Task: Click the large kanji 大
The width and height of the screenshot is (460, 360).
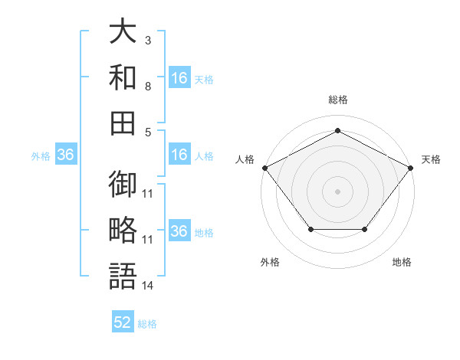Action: [123, 31]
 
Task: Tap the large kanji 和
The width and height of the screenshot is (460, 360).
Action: [123, 77]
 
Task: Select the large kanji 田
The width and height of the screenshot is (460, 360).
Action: [123, 123]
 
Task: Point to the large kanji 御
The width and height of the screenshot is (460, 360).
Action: [123, 184]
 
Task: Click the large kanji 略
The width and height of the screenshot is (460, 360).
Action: [123, 230]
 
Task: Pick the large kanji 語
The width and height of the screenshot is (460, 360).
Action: [123, 276]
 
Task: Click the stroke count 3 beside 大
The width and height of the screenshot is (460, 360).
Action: [148, 41]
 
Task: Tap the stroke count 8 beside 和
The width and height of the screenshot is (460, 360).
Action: [148, 87]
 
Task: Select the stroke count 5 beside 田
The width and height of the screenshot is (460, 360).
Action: [148, 133]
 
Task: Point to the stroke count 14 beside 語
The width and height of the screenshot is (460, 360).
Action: [147, 286]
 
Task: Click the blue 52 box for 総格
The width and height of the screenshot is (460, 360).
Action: [123, 321]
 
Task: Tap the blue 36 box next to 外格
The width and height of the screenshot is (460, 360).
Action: [66, 154]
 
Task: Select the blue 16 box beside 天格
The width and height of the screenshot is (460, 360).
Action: [179, 77]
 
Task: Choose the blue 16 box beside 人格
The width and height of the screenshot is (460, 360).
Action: [179, 154]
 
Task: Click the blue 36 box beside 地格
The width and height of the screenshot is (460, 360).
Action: [179, 230]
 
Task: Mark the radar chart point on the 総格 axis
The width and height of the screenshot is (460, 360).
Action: [337, 130]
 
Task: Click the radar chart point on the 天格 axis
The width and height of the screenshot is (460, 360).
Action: [410, 168]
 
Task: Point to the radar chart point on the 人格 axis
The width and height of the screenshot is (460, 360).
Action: [265, 168]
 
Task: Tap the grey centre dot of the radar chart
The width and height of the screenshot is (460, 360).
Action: [337, 191]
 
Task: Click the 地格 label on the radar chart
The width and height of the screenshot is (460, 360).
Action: [402, 262]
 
